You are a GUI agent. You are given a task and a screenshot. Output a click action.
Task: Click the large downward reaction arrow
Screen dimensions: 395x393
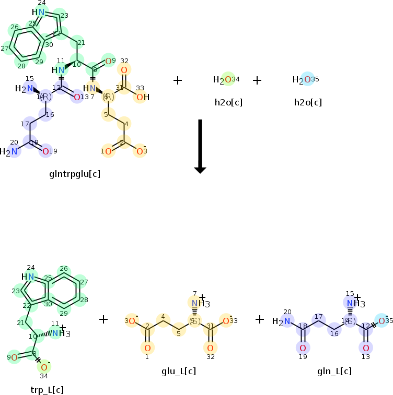coord(200,147)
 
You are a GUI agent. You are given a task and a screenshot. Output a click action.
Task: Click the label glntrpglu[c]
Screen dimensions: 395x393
coord(74,174)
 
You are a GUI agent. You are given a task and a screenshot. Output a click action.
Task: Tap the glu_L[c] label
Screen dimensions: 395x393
coord(179,371)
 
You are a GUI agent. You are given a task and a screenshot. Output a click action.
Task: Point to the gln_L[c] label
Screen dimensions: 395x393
coord(334,371)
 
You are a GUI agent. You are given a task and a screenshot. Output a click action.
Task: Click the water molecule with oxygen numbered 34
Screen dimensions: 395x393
coord(226,80)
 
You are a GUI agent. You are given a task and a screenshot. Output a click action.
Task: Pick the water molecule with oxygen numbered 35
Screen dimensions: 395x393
coord(305,80)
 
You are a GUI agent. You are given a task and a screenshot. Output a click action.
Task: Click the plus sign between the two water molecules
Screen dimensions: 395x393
coord(257,80)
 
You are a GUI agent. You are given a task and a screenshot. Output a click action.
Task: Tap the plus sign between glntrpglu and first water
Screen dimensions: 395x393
coord(178,80)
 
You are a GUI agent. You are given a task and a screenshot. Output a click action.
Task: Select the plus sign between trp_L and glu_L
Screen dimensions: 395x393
coord(103,319)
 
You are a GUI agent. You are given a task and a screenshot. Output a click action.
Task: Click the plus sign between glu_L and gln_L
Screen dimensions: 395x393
coord(260,319)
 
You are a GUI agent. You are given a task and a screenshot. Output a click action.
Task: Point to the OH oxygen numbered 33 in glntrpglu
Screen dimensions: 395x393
coord(140,97)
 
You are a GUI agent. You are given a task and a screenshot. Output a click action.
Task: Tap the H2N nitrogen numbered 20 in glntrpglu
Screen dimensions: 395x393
coord(14,152)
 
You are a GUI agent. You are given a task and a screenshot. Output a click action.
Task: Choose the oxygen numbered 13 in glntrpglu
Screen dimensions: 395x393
coord(77,97)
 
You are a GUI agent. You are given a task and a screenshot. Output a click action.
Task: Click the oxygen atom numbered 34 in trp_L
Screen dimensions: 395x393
coord(44,367)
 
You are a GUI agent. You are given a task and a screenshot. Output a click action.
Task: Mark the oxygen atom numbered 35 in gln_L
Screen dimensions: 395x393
coord(382,320)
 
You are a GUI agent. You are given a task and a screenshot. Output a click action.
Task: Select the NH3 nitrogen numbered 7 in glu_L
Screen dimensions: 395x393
coord(194,304)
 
